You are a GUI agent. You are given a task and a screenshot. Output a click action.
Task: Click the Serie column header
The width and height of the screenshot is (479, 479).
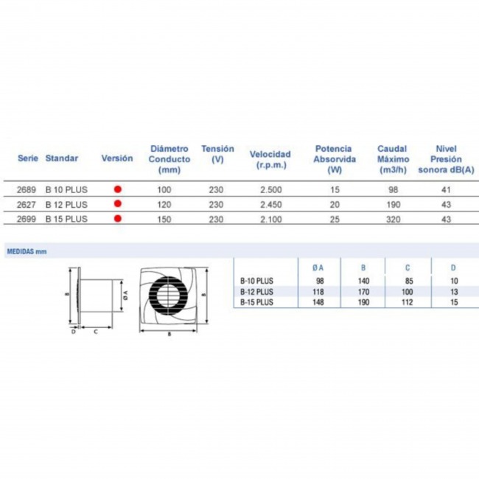(28, 158)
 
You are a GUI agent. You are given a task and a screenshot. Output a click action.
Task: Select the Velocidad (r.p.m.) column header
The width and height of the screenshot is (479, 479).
(270, 159)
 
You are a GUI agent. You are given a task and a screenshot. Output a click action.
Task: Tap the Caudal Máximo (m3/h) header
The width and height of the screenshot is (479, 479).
(393, 159)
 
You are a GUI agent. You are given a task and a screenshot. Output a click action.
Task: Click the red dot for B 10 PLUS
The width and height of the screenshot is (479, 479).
(118, 189)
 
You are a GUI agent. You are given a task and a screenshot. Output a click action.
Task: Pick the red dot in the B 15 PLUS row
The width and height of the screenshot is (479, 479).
(118, 218)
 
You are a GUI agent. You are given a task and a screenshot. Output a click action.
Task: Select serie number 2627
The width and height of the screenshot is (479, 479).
(27, 204)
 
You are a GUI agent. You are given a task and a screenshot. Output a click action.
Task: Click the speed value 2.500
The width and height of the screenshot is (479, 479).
(271, 189)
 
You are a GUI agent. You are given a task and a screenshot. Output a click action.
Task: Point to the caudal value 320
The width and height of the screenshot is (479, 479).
(394, 219)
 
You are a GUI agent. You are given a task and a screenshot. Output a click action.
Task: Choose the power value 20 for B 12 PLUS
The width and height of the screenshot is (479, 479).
(335, 204)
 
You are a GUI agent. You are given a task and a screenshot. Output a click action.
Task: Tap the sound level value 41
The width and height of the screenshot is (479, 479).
(446, 189)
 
